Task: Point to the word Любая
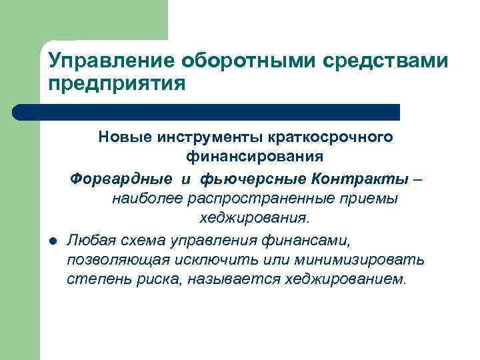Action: coord(89,239)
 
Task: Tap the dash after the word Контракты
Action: coord(416,178)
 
